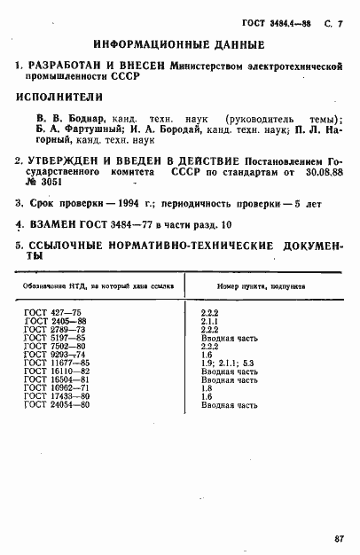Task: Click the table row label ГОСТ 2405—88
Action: pos(55,323)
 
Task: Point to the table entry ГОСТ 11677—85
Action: pos(57,363)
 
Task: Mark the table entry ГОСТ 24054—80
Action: pos(57,404)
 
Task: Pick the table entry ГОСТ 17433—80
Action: pos(57,396)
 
